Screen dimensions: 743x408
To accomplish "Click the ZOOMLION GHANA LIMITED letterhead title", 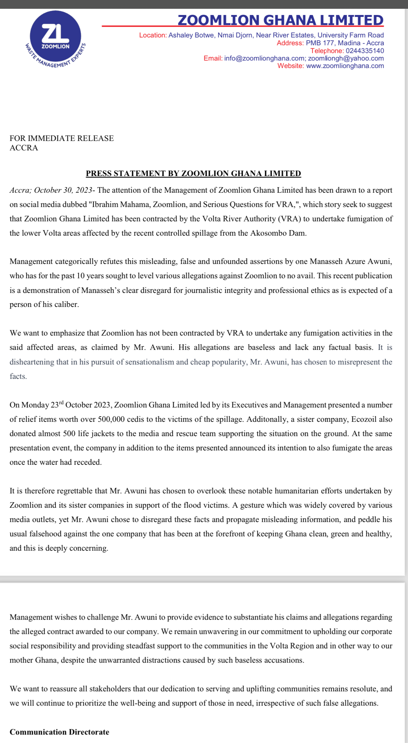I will point(280,20).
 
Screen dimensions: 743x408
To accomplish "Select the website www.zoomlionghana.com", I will point(345,66).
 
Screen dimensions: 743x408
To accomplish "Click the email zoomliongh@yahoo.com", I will point(346,58).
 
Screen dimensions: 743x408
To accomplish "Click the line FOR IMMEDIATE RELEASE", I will point(61,138).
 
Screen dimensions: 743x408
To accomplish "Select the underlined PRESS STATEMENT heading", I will point(193,173).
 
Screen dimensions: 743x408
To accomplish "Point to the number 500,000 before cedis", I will point(111,419).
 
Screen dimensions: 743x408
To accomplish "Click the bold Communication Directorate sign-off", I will point(59,732).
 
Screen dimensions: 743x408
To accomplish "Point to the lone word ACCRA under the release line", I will point(24,148).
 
